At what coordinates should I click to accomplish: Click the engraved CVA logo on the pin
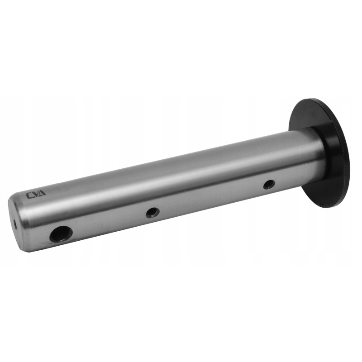[36, 195]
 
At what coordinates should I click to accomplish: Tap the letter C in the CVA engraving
[30, 196]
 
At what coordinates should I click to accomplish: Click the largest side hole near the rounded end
[61, 234]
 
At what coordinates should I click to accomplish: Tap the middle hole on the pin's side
[152, 212]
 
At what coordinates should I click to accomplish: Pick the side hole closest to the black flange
[269, 184]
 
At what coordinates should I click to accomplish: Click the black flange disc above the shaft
[312, 113]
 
